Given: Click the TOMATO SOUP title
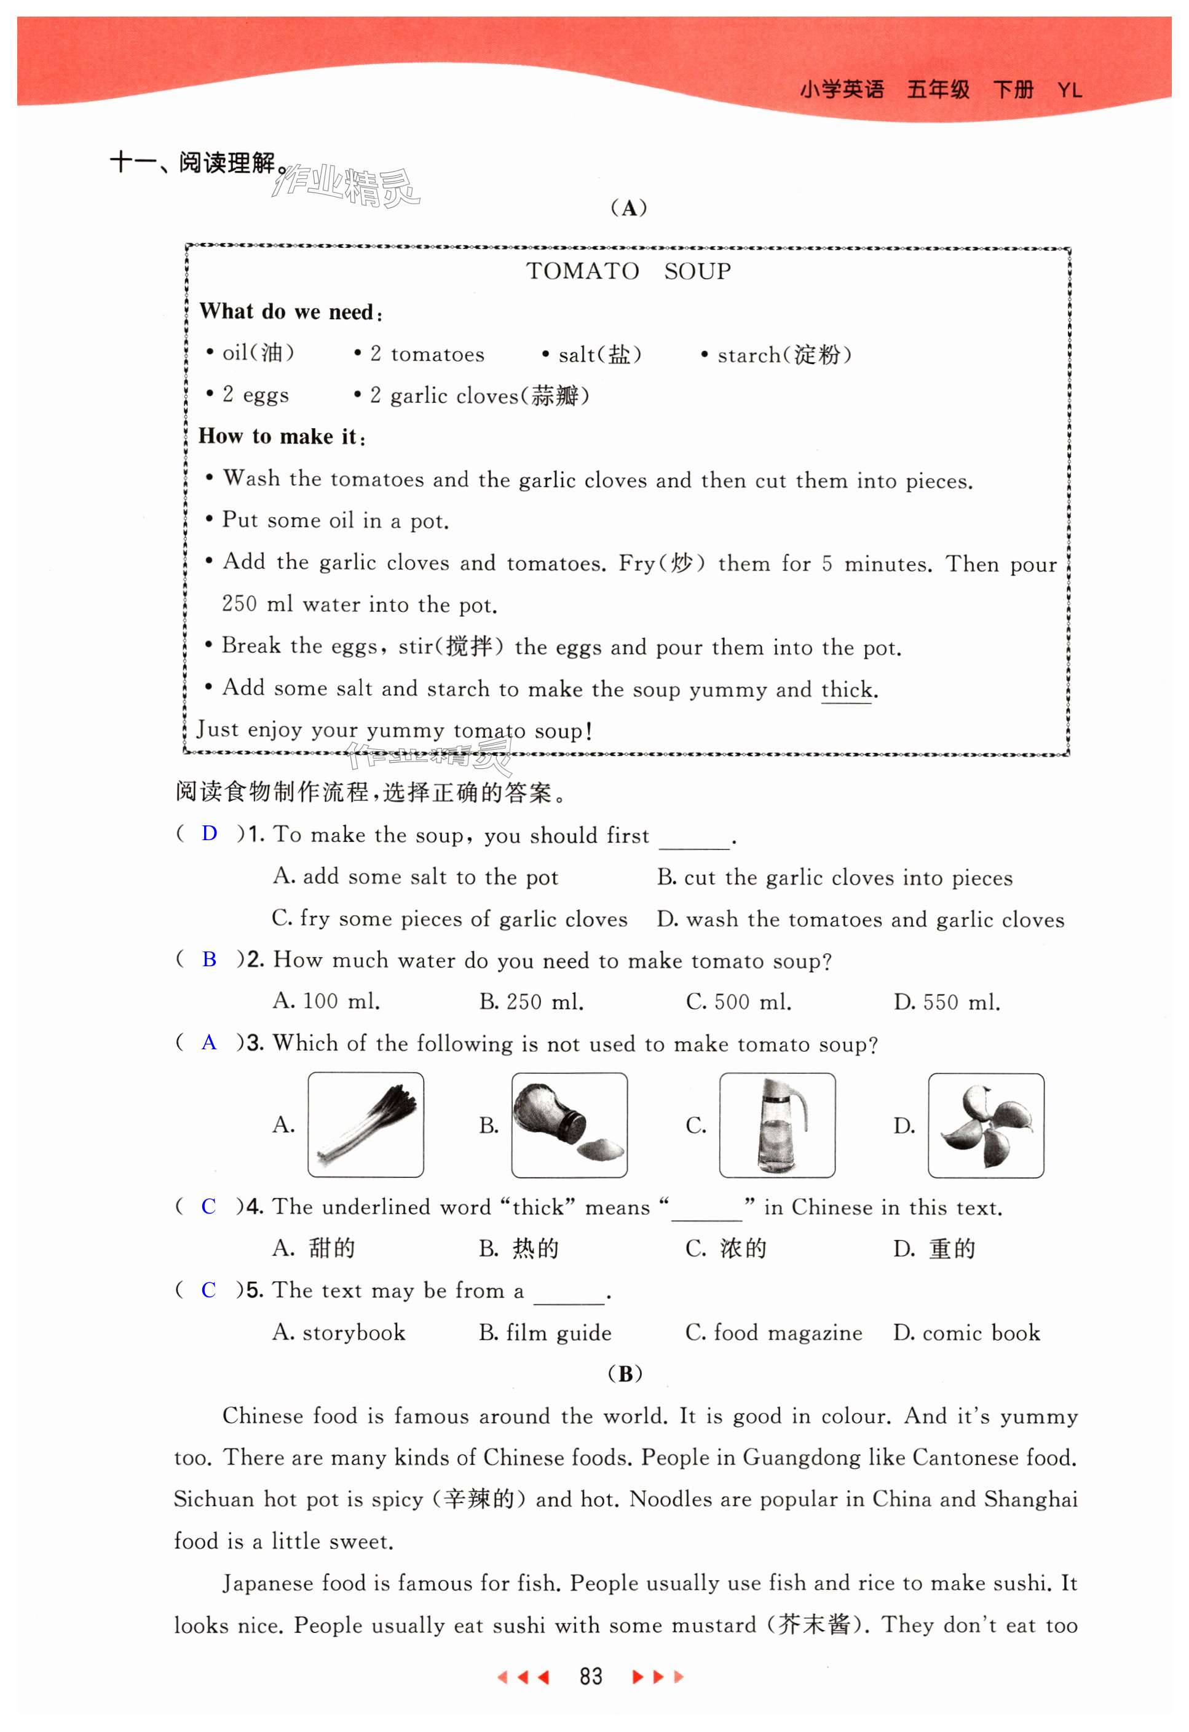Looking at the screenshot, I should point(628,271).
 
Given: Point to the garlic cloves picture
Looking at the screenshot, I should point(986,1126).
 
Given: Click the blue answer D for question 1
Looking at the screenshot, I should point(210,833).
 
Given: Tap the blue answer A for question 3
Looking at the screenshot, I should point(210,1042).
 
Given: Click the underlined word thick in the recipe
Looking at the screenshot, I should point(847,689).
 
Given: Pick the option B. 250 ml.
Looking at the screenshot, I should point(531,1002).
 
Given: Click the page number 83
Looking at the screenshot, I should point(591,1676).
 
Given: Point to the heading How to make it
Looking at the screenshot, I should point(282,437).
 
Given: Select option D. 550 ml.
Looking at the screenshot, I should point(946,1002).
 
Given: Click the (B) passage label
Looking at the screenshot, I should point(625,1373).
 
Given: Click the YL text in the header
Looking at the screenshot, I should point(1069,90).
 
